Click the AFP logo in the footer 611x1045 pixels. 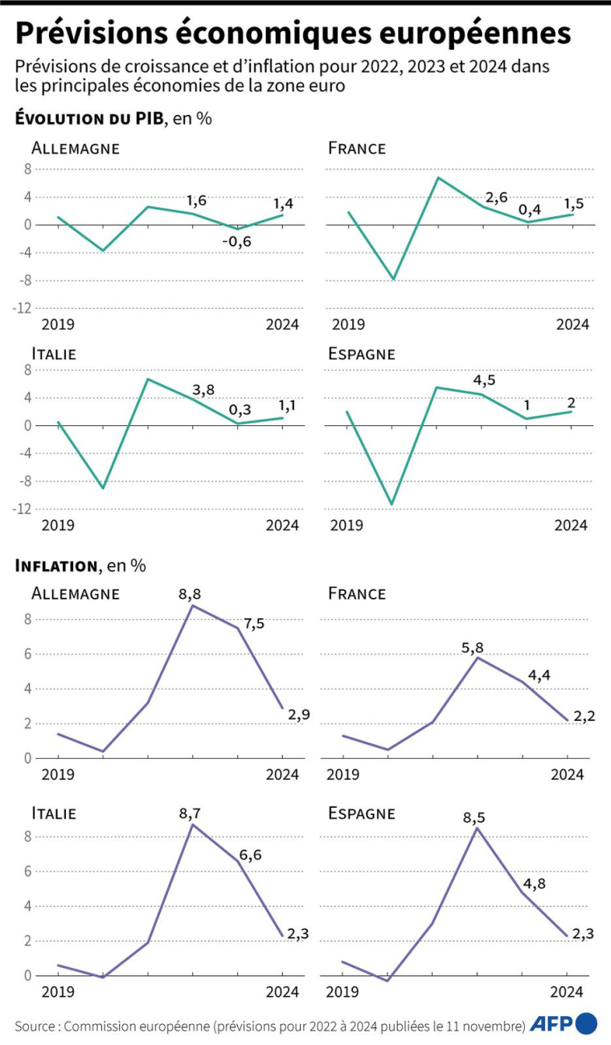click(563, 1023)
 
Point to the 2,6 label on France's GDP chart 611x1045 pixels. click(496, 197)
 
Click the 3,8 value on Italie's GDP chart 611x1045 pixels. click(203, 391)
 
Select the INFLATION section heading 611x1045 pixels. click(55, 566)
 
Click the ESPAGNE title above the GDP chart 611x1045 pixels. click(361, 354)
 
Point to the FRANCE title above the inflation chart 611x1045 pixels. click(357, 593)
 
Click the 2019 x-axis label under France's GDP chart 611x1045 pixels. click(347, 325)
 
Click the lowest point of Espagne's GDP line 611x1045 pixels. click(392, 505)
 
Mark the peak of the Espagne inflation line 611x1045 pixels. click(478, 828)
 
